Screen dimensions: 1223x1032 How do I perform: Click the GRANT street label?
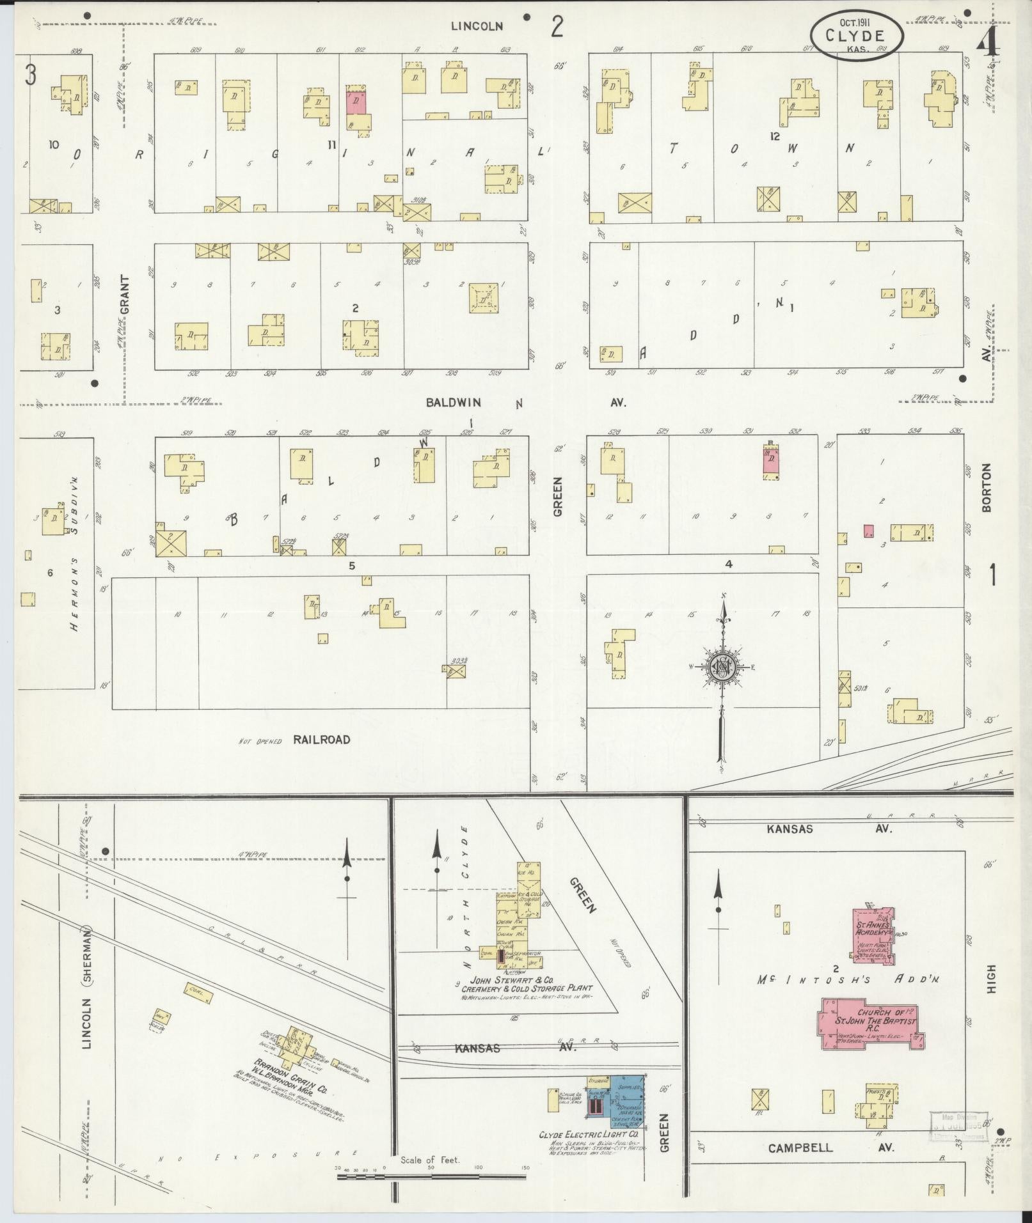(123, 294)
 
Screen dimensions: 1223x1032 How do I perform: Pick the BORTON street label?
(986, 487)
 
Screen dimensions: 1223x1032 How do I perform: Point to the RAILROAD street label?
(322, 740)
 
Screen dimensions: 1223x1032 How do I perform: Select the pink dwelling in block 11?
(356, 102)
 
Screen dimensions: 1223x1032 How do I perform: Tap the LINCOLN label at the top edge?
(477, 26)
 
